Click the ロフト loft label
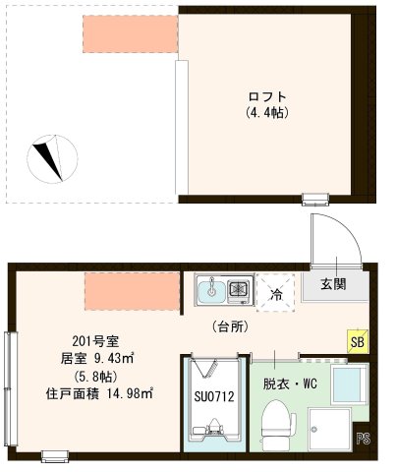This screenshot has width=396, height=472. click(267, 96)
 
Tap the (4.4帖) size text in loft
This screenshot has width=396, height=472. click(267, 112)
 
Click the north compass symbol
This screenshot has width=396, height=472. click(51, 156)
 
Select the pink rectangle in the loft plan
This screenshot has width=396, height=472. click(129, 34)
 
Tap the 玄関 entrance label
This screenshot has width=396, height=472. click(332, 285)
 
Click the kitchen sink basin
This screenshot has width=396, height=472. click(208, 290)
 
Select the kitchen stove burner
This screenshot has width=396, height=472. click(237, 289)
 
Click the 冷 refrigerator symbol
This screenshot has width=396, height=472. click(277, 292)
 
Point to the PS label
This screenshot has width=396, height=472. click(363, 439)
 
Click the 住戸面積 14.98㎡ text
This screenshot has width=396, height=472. click(97, 394)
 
